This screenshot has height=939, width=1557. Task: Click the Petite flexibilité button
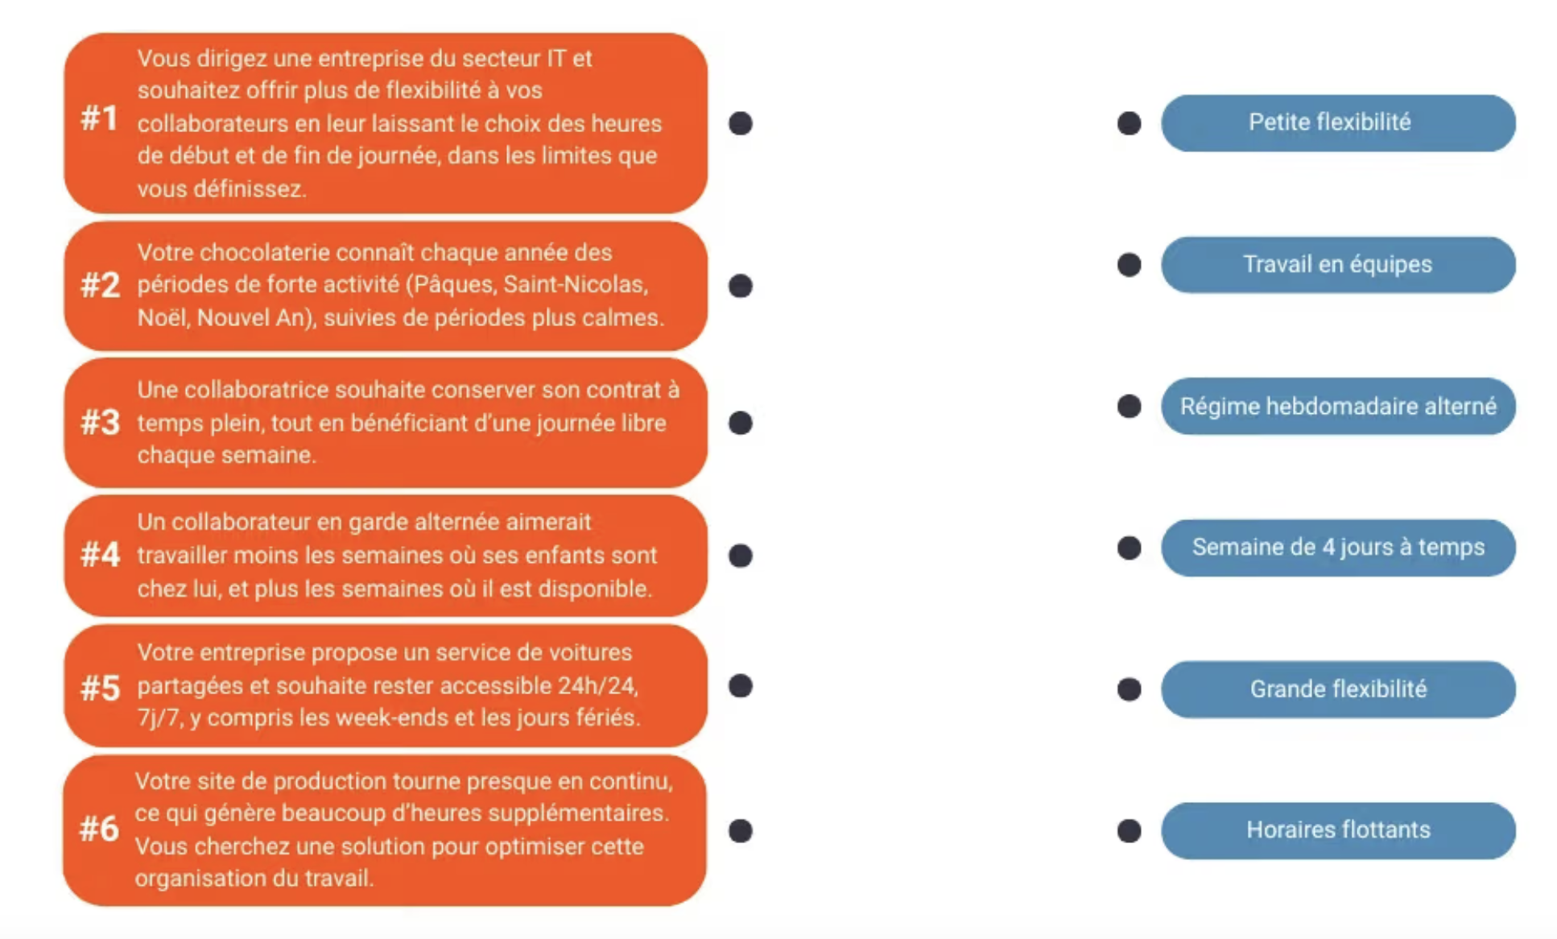point(1337,123)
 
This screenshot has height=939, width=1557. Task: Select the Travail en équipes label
point(1337,265)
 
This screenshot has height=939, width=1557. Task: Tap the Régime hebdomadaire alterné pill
point(1337,407)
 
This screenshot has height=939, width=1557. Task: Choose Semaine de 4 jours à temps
point(1337,548)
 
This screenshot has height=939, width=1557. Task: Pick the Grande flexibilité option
point(1337,689)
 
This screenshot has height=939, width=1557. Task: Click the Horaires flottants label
point(1337,830)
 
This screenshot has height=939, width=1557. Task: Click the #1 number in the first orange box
point(100,119)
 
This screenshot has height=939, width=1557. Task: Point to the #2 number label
point(101,285)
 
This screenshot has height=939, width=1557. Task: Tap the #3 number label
point(101,422)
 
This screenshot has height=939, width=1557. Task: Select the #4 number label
point(101,555)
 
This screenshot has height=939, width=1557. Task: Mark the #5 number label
point(101,689)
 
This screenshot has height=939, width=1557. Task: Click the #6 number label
point(99,829)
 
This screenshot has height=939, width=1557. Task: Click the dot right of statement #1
point(741,123)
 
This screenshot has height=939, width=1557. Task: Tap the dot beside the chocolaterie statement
point(741,286)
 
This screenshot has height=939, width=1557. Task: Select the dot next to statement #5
point(741,686)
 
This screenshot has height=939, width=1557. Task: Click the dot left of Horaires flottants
point(1130,830)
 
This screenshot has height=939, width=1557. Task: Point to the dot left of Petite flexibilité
point(1130,123)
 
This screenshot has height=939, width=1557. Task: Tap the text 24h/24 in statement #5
point(598,685)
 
